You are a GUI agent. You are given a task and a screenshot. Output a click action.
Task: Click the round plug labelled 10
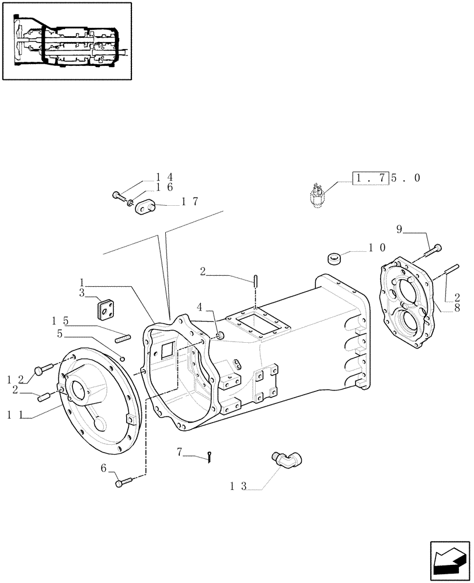pos(335,258)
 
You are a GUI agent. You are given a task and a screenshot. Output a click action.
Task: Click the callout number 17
pos(190,202)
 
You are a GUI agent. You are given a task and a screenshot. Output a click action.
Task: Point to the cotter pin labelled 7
pos(209,459)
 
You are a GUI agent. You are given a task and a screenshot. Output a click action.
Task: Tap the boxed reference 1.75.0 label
pos(385,178)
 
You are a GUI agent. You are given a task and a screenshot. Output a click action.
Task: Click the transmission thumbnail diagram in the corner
pos(67,41)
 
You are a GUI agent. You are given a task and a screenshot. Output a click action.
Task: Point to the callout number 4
pos(200,306)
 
